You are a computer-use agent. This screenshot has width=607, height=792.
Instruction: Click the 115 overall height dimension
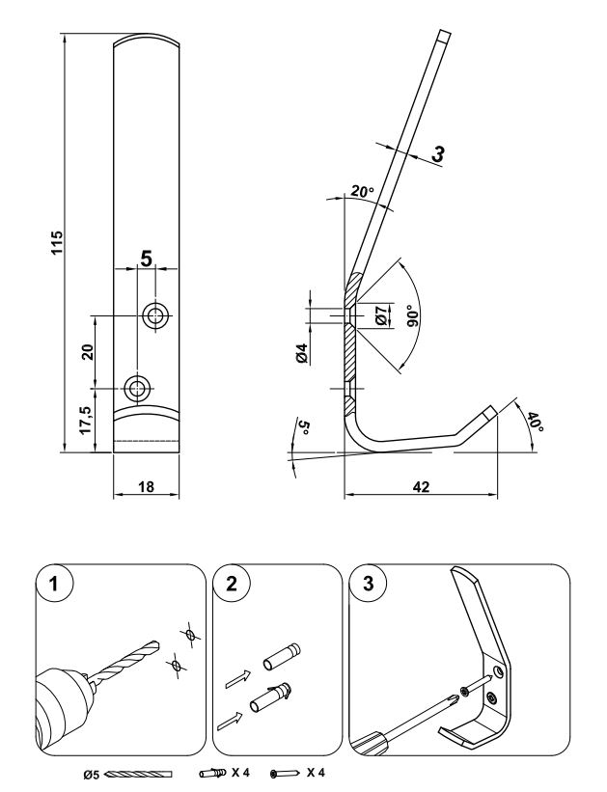(x=57, y=242)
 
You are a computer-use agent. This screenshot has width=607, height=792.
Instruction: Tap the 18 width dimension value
(x=146, y=486)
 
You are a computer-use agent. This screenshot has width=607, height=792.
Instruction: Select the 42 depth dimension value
(x=421, y=486)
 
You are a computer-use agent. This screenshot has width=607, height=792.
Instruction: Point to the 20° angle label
(x=363, y=191)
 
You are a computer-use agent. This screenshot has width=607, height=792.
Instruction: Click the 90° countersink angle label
(x=413, y=316)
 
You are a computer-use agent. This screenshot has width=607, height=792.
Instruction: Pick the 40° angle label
(x=535, y=423)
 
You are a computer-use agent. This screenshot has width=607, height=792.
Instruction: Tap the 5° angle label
(x=303, y=427)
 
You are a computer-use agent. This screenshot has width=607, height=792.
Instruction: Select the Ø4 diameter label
(x=302, y=352)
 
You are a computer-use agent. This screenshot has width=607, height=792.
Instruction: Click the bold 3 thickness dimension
(x=438, y=153)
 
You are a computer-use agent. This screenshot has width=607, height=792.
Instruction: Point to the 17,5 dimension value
(x=87, y=421)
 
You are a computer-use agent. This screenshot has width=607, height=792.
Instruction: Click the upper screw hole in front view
(x=155, y=316)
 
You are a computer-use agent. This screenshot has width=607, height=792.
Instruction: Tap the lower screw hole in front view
(x=136, y=389)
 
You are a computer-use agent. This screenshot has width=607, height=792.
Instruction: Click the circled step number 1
(x=55, y=584)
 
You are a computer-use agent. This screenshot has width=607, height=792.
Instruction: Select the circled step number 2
(x=232, y=584)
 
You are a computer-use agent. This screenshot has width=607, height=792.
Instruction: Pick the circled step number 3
(x=369, y=584)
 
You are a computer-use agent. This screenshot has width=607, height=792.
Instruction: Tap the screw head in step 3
(x=464, y=690)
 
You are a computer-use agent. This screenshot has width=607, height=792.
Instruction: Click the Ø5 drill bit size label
(x=93, y=774)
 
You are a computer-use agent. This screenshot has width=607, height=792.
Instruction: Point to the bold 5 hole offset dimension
(x=146, y=259)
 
